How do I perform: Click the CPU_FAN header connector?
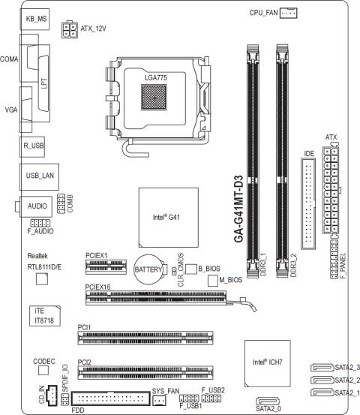coord(288,13)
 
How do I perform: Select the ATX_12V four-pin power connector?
coord(70,30)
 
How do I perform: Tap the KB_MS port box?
coord(34,19)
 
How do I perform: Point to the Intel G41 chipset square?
coord(169,218)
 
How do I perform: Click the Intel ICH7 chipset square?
coord(268,363)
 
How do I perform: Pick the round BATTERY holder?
coord(150,269)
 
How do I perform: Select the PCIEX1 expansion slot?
coord(106,266)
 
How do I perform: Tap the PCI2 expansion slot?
coord(145,372)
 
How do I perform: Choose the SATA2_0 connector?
coord(268,401)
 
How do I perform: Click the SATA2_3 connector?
coord(322,368)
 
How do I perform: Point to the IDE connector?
coord(308,203)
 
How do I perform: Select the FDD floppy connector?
coord(110,398)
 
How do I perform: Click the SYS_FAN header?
coord(159,400)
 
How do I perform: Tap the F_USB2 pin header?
coord(211,398)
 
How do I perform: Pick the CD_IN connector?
coord(52,395)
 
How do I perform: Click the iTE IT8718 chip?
coord(45,316)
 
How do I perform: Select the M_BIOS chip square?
coord(213,281)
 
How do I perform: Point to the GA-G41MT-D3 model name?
coord(238,209)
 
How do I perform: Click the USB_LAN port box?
coord(40,177)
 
